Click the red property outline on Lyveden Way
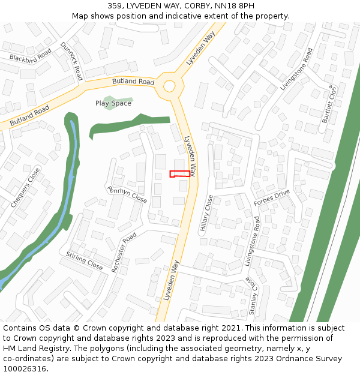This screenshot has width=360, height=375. pos(180,174)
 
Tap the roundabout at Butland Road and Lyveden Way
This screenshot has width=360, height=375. pos(169,85)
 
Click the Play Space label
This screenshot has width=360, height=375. pos(113,103)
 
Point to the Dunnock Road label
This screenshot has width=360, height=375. pos(71,61)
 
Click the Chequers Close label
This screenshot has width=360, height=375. pos(25,188)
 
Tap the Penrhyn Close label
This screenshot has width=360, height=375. pos(127,194)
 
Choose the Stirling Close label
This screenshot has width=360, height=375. pos(85,260)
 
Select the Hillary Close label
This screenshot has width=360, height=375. pos(206,213)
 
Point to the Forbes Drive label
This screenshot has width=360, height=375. pos(272,198)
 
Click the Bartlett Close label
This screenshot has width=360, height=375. pos(330,104)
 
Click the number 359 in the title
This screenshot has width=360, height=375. pos(115,6)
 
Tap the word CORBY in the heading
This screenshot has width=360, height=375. pos(201,6)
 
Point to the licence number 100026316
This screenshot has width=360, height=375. pos(24,368)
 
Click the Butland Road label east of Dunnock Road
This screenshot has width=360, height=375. pos(133,82)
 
